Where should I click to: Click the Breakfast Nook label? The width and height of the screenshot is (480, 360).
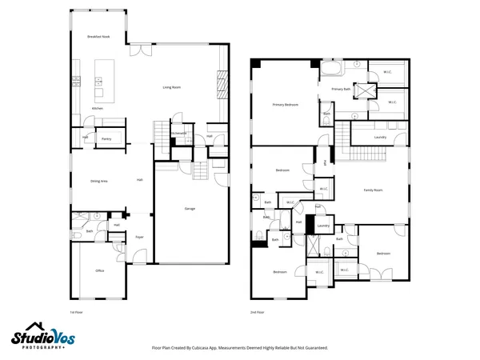tap(99, 38)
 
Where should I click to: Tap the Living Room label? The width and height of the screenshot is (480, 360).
tap(172, 86)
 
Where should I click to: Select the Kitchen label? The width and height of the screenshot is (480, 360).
tap(97, 108)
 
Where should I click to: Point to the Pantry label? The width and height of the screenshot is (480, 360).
tap(106, 138)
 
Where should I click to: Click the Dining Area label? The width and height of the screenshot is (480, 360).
tap(99, 182)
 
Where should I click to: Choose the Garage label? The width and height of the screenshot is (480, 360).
tap(190, 209)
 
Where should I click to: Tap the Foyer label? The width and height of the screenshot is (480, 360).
tap(139, 238)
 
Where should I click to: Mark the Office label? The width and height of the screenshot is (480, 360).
tap(100, 271)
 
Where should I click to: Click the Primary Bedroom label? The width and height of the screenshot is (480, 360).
tap(286, 104)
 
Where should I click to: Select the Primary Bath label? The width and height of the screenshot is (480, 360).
tap(342, 89)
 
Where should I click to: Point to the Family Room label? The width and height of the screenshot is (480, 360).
tap(374, 190)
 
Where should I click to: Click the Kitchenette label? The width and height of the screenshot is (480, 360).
tap(179, 133)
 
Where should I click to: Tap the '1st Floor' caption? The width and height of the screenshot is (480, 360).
tap(77, 311)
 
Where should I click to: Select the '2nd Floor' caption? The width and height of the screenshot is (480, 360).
tap(257, 311)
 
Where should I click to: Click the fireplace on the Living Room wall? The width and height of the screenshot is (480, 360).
tap(223, 82)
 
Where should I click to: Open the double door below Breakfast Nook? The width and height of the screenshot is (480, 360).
tap(141, 49)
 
